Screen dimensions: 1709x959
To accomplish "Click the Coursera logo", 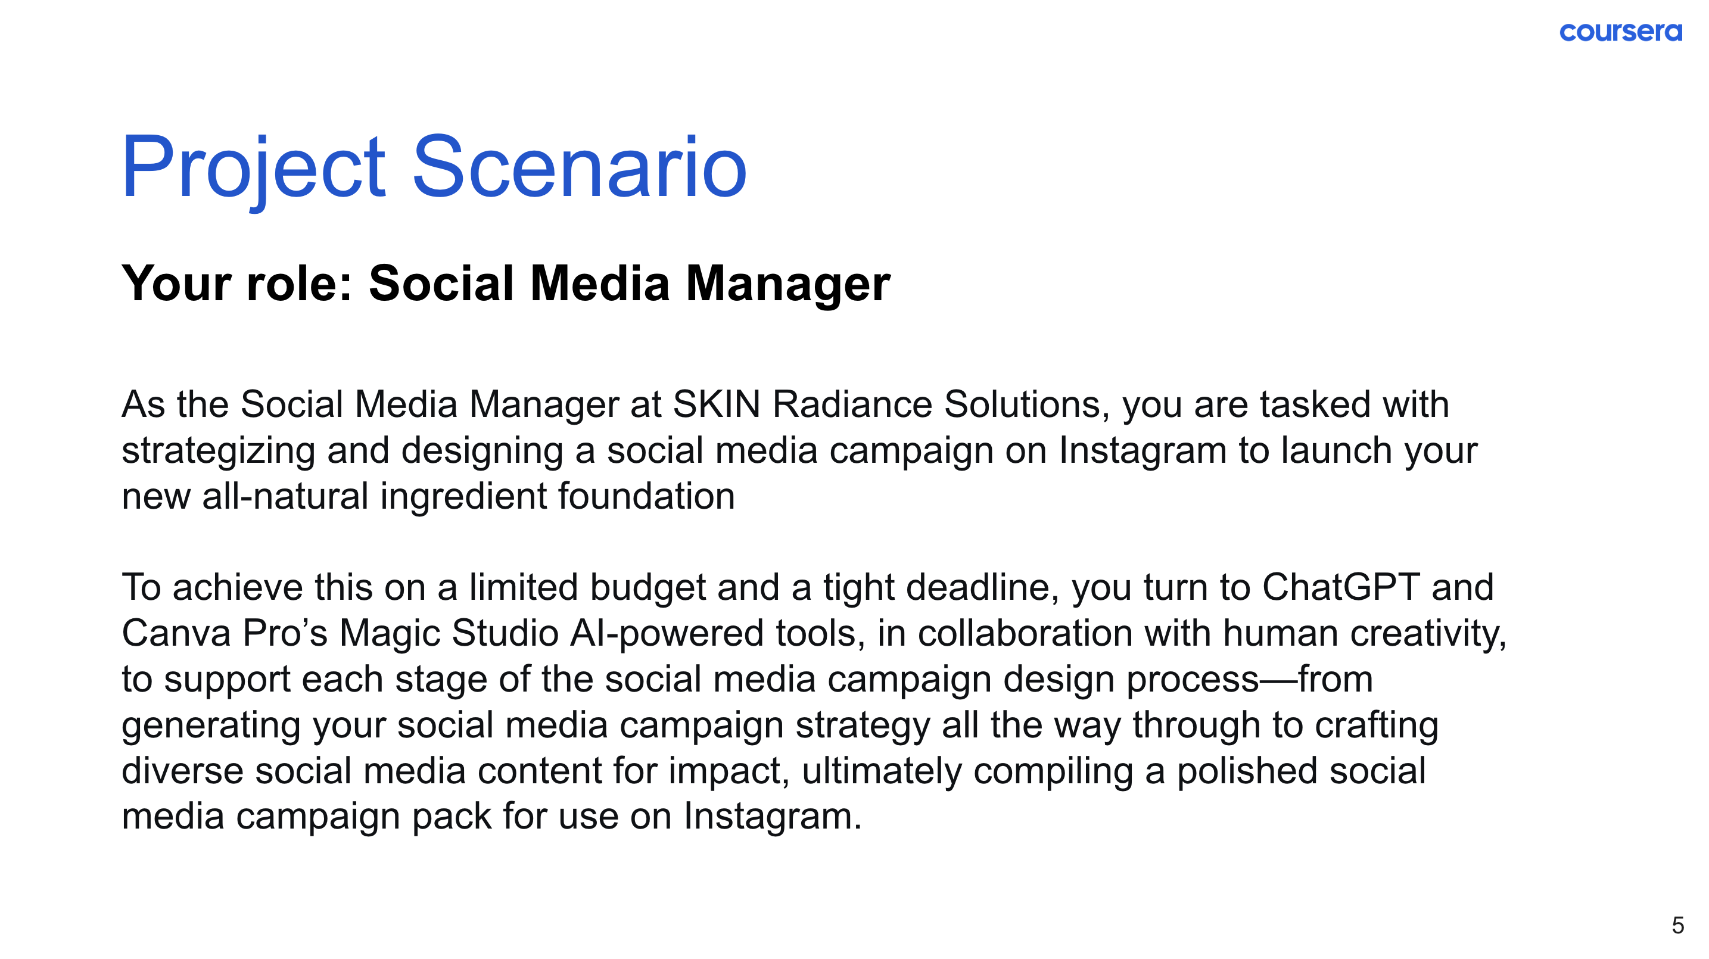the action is (x=1621, y=32).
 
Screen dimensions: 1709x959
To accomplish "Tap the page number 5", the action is (x=1678, y=925).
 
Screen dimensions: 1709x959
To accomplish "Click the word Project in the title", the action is (x=253, y=169).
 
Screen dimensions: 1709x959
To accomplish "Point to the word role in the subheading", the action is (x=291, y=284).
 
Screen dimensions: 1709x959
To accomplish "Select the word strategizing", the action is (x=218, y=452).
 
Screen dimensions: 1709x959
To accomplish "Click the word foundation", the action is (x=646, y=496).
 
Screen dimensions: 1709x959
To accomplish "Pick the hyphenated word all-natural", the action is (x=285, y=496).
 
